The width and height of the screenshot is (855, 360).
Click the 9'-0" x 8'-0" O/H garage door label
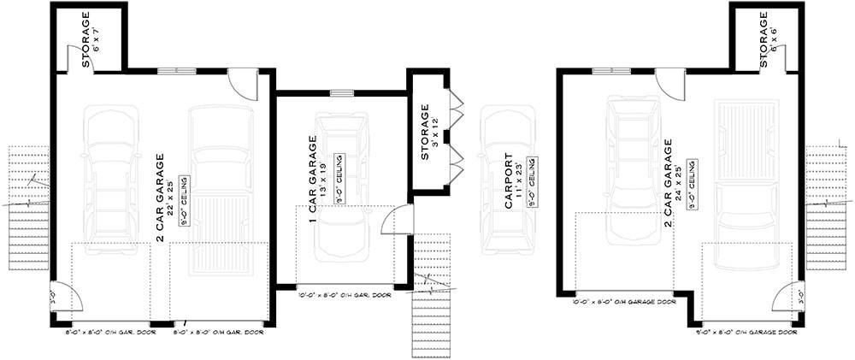746,330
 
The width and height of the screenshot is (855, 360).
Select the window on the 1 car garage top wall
342,93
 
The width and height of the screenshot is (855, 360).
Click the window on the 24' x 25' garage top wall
605,72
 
